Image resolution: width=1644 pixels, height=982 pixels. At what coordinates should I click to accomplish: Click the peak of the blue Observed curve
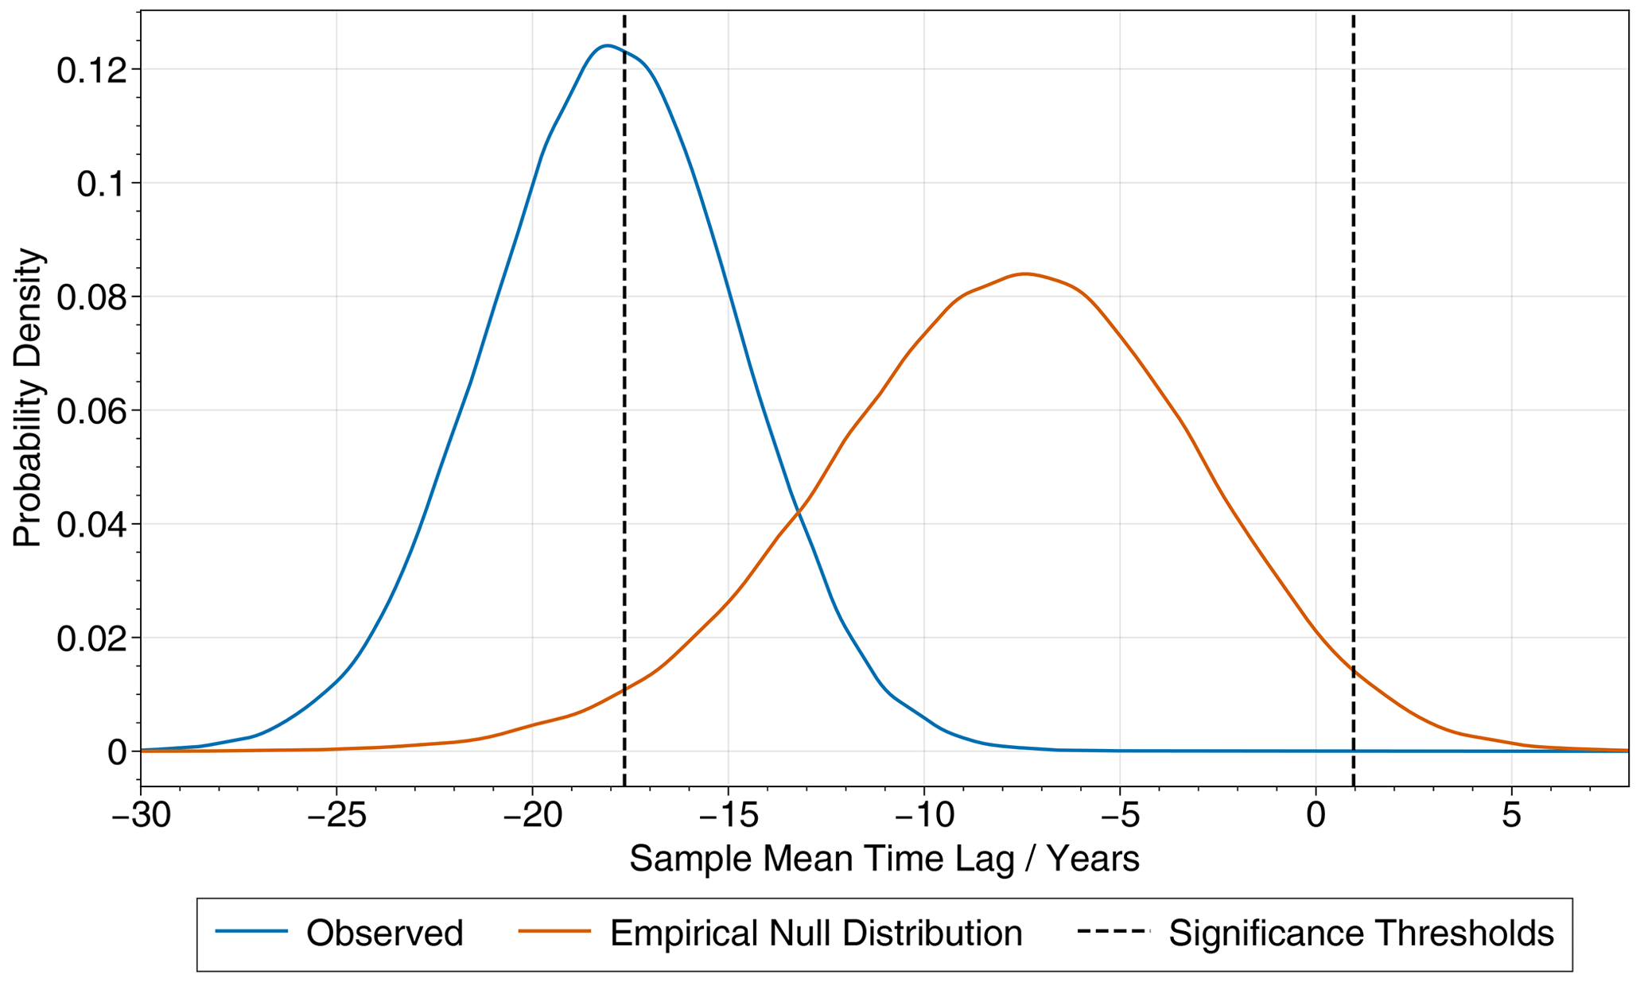[x=607, y=45]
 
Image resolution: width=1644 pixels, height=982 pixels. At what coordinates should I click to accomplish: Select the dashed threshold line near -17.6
[x=624, y=398]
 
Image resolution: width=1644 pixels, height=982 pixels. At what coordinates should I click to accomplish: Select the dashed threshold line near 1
[x=1353, y=398]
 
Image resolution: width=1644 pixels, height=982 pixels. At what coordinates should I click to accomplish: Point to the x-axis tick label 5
[x=1512, y=816]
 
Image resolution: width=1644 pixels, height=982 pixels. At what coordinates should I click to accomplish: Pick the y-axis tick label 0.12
[x=91, y=70]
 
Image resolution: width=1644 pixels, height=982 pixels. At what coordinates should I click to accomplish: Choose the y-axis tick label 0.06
[x=91, y=411]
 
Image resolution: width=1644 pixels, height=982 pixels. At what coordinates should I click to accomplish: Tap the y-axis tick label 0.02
[x=91, y=638]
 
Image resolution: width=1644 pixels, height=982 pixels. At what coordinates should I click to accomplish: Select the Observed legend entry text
[x=385, y=933]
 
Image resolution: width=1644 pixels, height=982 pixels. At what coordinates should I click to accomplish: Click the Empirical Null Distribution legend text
[x=816, y=933]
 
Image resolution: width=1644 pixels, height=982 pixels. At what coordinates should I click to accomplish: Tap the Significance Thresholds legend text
[x=1361, y=933]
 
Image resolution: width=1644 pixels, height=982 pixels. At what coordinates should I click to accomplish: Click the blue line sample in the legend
[x=251, y=931]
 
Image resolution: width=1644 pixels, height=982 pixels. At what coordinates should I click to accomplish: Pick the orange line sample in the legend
[x=554, y=931]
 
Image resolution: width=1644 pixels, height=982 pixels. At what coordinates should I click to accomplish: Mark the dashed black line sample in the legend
[x=1113, y=931]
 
